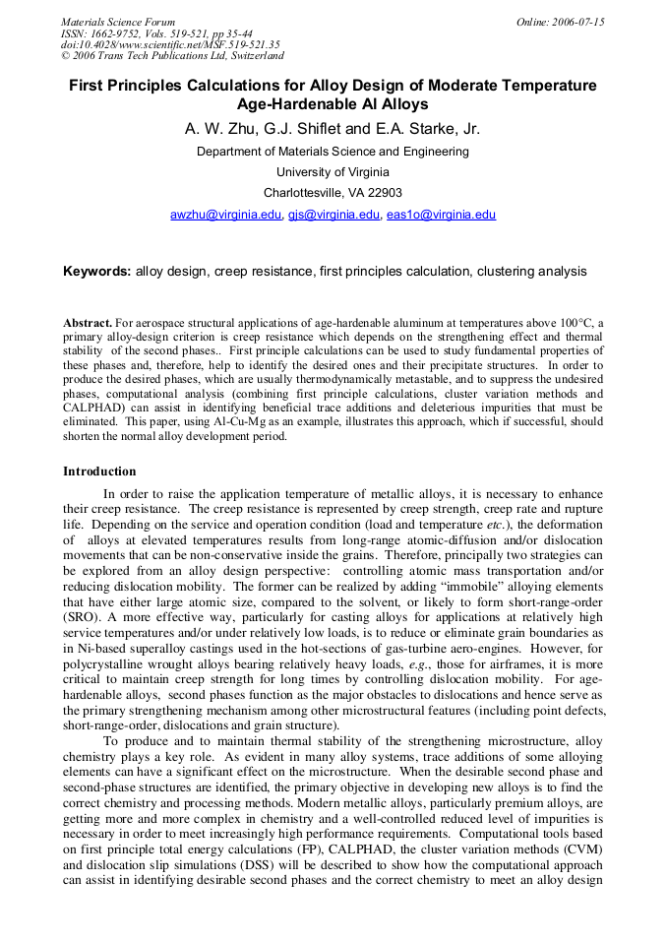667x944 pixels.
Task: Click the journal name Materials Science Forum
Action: (118, 22)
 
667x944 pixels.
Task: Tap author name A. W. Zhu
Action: (219, 129)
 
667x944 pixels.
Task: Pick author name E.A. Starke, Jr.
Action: (432, 129)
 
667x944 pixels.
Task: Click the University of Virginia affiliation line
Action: (333, 172)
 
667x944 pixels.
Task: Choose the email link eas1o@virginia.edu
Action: (441, 215)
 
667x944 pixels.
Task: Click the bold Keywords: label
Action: (96, 271)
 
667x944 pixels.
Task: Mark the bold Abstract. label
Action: (88, 323)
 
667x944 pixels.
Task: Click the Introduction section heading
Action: (99, 472)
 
